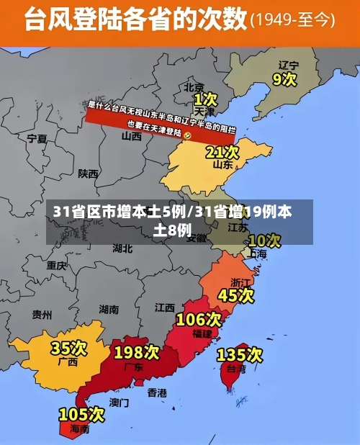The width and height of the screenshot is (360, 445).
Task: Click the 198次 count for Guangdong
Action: (136, 352)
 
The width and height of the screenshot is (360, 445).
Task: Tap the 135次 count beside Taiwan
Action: (240, 354)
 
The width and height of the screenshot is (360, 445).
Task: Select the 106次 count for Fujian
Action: (199, 318)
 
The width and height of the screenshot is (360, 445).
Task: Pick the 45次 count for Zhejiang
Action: (236, 295)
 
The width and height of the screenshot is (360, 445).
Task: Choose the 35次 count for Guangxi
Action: (68, 348)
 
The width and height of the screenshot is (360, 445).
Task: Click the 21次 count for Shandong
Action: (222, 152)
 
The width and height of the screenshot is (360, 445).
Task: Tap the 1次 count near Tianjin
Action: (204, 98)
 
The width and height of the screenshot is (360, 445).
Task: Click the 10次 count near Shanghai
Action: (264, 240)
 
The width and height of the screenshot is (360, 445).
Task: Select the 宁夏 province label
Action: (37, 138)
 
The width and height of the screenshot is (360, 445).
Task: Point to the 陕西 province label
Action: (89, 174)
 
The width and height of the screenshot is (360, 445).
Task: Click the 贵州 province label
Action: (42, 314)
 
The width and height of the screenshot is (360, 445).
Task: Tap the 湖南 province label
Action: (109, 310)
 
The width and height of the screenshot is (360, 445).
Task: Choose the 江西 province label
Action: (164, 307)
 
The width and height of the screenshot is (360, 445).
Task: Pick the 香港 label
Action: (157, 392)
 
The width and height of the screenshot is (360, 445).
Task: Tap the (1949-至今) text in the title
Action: (293, 19)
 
